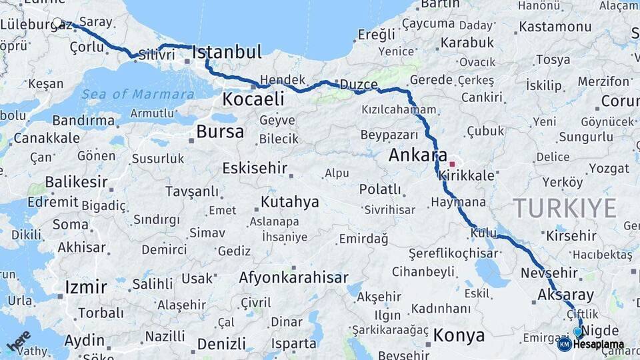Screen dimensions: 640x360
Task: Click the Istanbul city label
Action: pyautogui.click(x=227, y=52)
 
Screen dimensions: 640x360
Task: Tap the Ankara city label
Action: pyautogui.click(x=417, y=155)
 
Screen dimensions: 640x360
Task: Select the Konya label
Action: pyautogui.click(x=459, y=335)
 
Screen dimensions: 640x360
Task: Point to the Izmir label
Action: pyautogui.click(x=86, y=287)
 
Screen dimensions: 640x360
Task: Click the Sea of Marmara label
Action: pyautogui.click(x=138, y=94)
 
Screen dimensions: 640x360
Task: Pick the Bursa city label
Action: pyautogui.click(x=220, y=131)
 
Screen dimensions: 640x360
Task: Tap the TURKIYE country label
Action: pyautogui.click(x=565, y=208)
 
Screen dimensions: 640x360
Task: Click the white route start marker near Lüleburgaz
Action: pyautogui.click(x=58, y=23)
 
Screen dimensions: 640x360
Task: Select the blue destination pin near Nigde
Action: pyautogui.click(x=578, y=331)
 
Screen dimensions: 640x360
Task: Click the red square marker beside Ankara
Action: pyautogui.click(x=453, y=163)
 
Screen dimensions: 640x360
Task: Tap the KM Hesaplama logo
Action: pyautogui.click(x=591, y=345)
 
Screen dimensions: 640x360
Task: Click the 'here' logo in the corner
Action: pyautogui.click(x=19, y=340)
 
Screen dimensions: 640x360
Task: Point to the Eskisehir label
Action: pyautogui.click(x=255, y=167)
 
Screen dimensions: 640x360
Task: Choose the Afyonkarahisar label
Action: pyautogui.click(x=293, y=277)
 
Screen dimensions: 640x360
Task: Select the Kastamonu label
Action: pyautogui.click(x=555, y=27)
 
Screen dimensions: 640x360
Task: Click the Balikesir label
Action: pyautogui.click(x=77, y=182)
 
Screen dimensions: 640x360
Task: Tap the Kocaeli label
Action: pyautogui.click(x=253, y=99)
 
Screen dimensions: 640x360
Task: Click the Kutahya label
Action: pyautogui.click(x=290, y=201)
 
